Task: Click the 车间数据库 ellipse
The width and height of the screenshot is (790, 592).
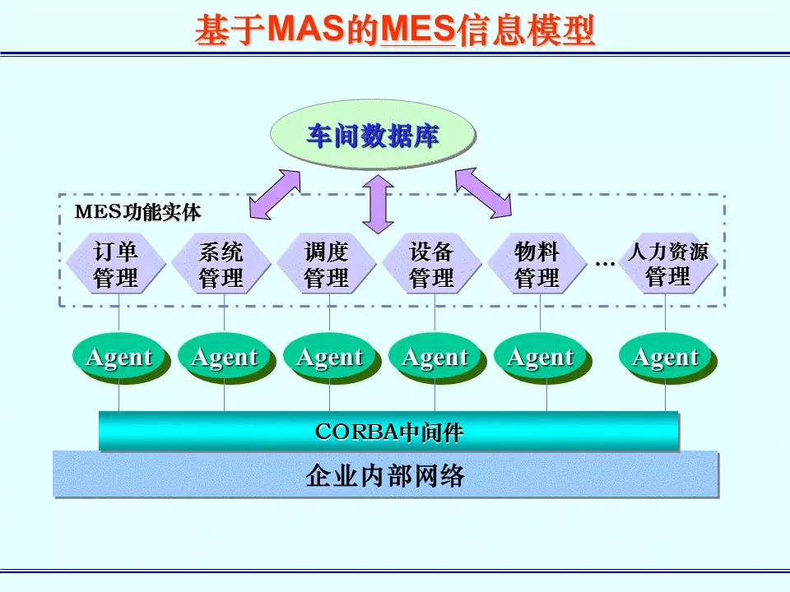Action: [x=373, y=136]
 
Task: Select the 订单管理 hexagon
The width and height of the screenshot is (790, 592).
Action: [x=115, y=264]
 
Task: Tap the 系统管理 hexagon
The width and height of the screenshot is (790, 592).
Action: [x=221, y=264]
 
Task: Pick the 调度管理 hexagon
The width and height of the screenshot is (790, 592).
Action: [x=326, y=264]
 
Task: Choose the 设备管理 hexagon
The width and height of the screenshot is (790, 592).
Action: [x=431, y=264]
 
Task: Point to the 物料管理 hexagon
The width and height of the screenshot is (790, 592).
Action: [x=537, y=264]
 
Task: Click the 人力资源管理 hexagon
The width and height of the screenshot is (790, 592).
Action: [x=667, y=263]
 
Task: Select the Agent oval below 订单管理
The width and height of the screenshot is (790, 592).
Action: [x=118, y=358]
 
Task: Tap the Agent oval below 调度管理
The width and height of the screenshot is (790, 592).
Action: [x=329, y=358]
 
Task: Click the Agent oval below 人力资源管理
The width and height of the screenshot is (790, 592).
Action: [x=665, y=358]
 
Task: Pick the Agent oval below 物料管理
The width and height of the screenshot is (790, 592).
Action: [x=540, y=358]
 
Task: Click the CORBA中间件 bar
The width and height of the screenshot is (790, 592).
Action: [x=388, y=431]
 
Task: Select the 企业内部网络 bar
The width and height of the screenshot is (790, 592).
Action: [x=385, y=474]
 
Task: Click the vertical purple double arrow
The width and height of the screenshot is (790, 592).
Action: [x=379, y=203]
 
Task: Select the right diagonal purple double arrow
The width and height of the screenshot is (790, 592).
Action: [x=483, y=193]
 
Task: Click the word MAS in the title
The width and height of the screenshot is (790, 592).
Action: [x=304, y=31]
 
